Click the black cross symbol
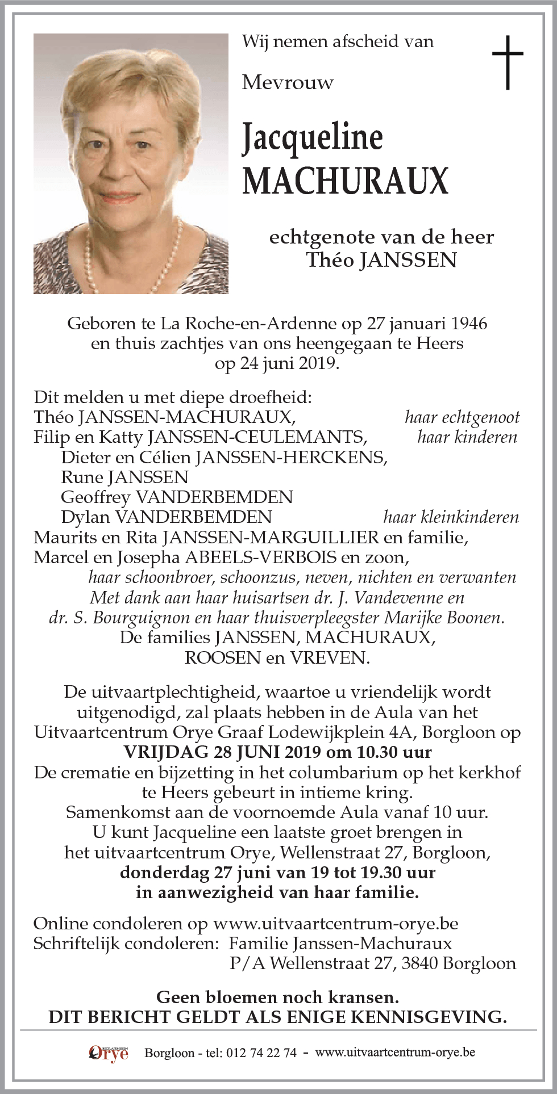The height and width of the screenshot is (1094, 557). coord(507,62)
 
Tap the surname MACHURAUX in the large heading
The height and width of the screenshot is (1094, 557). coord(345,181)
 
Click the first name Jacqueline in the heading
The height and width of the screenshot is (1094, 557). coord(312,138)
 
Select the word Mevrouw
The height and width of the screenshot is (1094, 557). coord(288,83)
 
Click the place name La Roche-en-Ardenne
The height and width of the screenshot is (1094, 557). coord(249,324)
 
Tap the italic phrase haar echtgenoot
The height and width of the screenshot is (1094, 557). coord(462,417)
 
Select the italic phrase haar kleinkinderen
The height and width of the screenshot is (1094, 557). coord(451,517)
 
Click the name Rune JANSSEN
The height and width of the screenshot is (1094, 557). coord(124,477)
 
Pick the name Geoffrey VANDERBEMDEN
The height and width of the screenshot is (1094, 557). coord(177,497)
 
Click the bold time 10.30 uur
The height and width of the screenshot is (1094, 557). coord(394,752)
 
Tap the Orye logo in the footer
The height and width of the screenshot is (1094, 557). coord(109,1053)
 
